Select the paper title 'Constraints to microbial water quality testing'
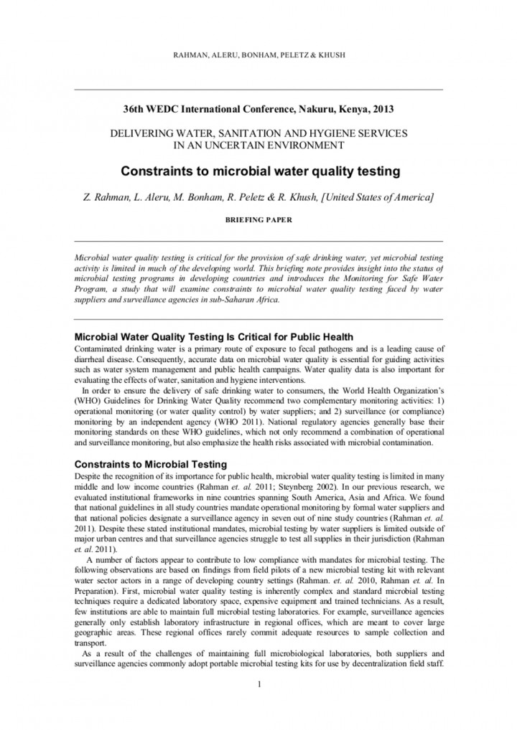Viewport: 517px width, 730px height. click(x=258, y=171)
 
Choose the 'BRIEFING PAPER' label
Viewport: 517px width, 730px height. click(x=258, y=220)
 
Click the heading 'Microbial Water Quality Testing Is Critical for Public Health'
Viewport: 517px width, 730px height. click(x=214, y=337)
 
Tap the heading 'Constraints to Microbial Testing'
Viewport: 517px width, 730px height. click(x=151, y=464)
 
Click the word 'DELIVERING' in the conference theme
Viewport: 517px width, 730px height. click(x=138, y=133)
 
